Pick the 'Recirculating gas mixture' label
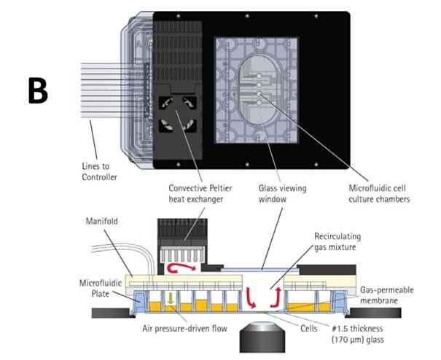tap(345, 243)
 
